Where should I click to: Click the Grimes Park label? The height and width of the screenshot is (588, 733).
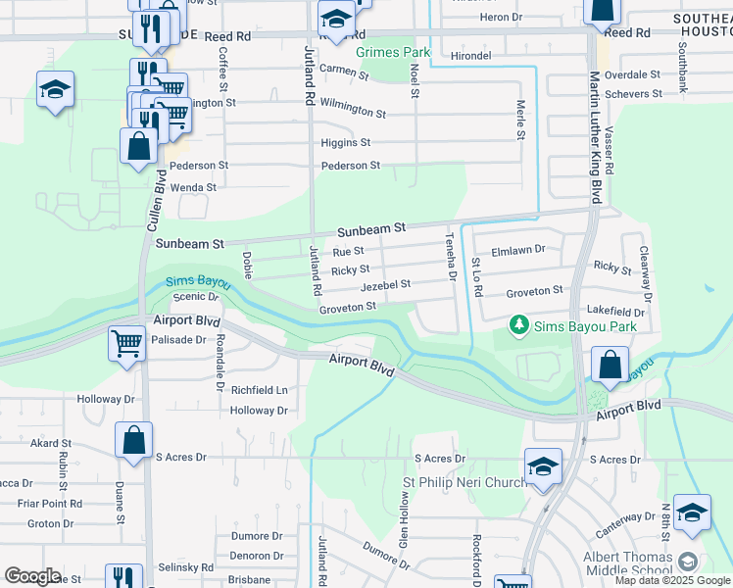(x=393, y=51)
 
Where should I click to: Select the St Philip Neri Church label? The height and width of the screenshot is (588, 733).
(x=465, y=483)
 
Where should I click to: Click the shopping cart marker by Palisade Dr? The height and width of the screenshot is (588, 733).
(x=126, y=343)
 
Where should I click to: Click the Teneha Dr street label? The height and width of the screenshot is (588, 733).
(x=452, y=256)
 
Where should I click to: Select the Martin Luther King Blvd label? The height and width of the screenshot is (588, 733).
(x=594, y=137)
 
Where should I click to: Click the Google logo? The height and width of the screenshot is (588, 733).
(x=32, y=576)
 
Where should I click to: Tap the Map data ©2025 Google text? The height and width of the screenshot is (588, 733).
(x=671, y=580)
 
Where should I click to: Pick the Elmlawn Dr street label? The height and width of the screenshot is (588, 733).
(x=517, y=250)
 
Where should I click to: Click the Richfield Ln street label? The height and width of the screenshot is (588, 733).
(x=259, y=389)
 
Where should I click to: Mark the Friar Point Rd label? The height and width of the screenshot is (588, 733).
(x=49, y=503)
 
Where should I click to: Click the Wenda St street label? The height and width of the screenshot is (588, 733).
(x=193, y=187)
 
